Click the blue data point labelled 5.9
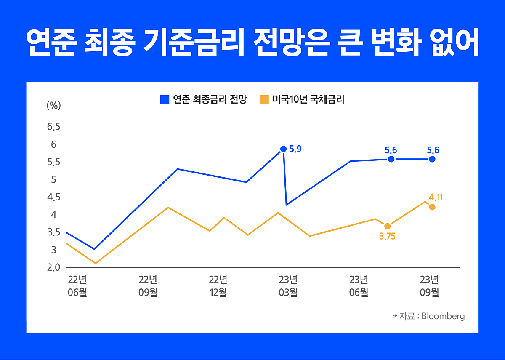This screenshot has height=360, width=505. (283, 149)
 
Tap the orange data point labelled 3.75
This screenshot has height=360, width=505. (387, 227)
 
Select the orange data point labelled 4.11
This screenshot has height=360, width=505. (432, 207)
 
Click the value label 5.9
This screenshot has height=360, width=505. (295, 149)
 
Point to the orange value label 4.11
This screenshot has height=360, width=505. (436, 197)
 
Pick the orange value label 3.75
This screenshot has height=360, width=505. (387, 237)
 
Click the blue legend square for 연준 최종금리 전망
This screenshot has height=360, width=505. (165, 100)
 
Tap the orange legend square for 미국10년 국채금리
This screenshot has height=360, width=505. (264, 100)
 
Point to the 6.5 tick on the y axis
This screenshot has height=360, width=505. (53, 127)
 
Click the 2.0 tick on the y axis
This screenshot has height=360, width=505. (53, 268)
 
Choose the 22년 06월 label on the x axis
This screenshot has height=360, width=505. (77, 286)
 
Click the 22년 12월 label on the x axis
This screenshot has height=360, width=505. (218, 286)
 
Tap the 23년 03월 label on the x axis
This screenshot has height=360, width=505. (288, 286)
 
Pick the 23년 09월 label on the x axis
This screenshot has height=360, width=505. (429, 286)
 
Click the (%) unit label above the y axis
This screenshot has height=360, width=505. (53, 106)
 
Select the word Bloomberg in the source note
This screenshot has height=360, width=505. (443, 316)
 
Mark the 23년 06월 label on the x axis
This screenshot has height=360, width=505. (359, 286)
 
